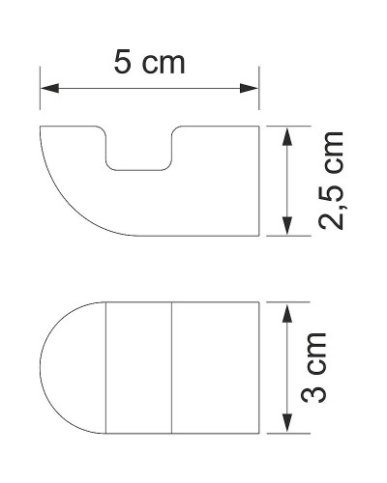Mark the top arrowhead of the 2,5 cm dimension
click(286, 133)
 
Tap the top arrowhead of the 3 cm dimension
click(286, 310)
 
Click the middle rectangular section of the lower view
click(138, 367)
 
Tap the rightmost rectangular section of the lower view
click(216, 367)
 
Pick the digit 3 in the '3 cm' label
click(332, 393)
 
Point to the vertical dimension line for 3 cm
click(286, 367)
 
